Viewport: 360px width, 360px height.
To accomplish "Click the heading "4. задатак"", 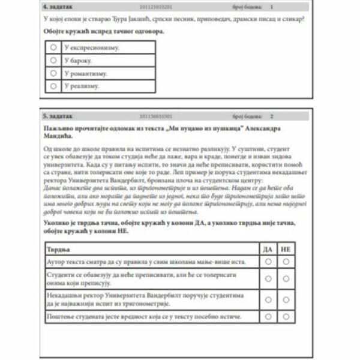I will [58, 7].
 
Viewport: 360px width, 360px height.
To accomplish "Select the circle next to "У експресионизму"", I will [54, 47].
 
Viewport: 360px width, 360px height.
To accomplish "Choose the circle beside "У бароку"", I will [54, 60].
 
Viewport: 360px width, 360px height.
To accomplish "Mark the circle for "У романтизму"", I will [54, 73].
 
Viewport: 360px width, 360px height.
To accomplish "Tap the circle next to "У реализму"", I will [54, 86].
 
